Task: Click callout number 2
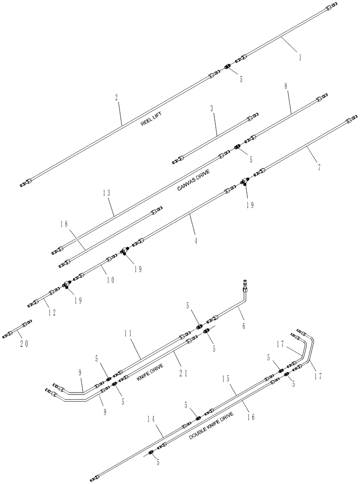117,97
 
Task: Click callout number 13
107,193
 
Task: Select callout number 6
243,326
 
